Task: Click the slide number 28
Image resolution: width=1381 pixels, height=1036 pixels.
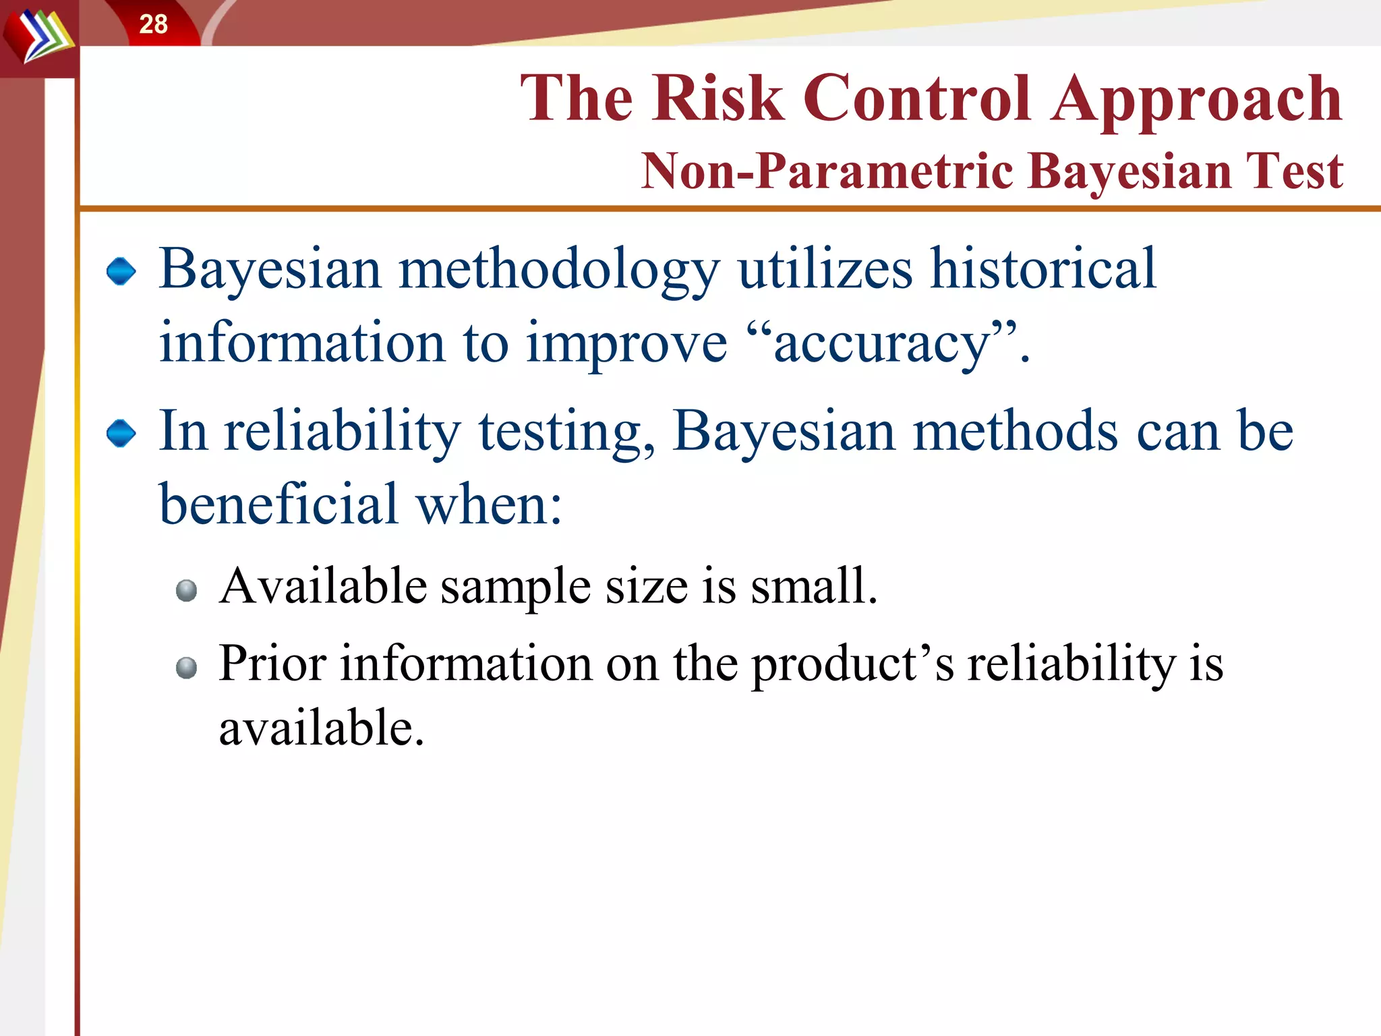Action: click(153, 24)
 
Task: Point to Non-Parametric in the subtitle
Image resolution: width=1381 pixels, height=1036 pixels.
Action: click(826, 171)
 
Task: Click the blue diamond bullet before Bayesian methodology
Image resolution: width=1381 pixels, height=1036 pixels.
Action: click(121, 271)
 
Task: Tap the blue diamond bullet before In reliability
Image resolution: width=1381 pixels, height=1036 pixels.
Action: click(121, 433)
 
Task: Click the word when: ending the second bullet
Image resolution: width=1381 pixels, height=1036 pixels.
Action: click(489, 504)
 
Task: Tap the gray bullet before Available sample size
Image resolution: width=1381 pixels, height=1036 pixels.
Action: click(186, 591)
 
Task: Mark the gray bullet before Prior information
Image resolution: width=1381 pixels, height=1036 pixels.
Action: click(186, 668)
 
